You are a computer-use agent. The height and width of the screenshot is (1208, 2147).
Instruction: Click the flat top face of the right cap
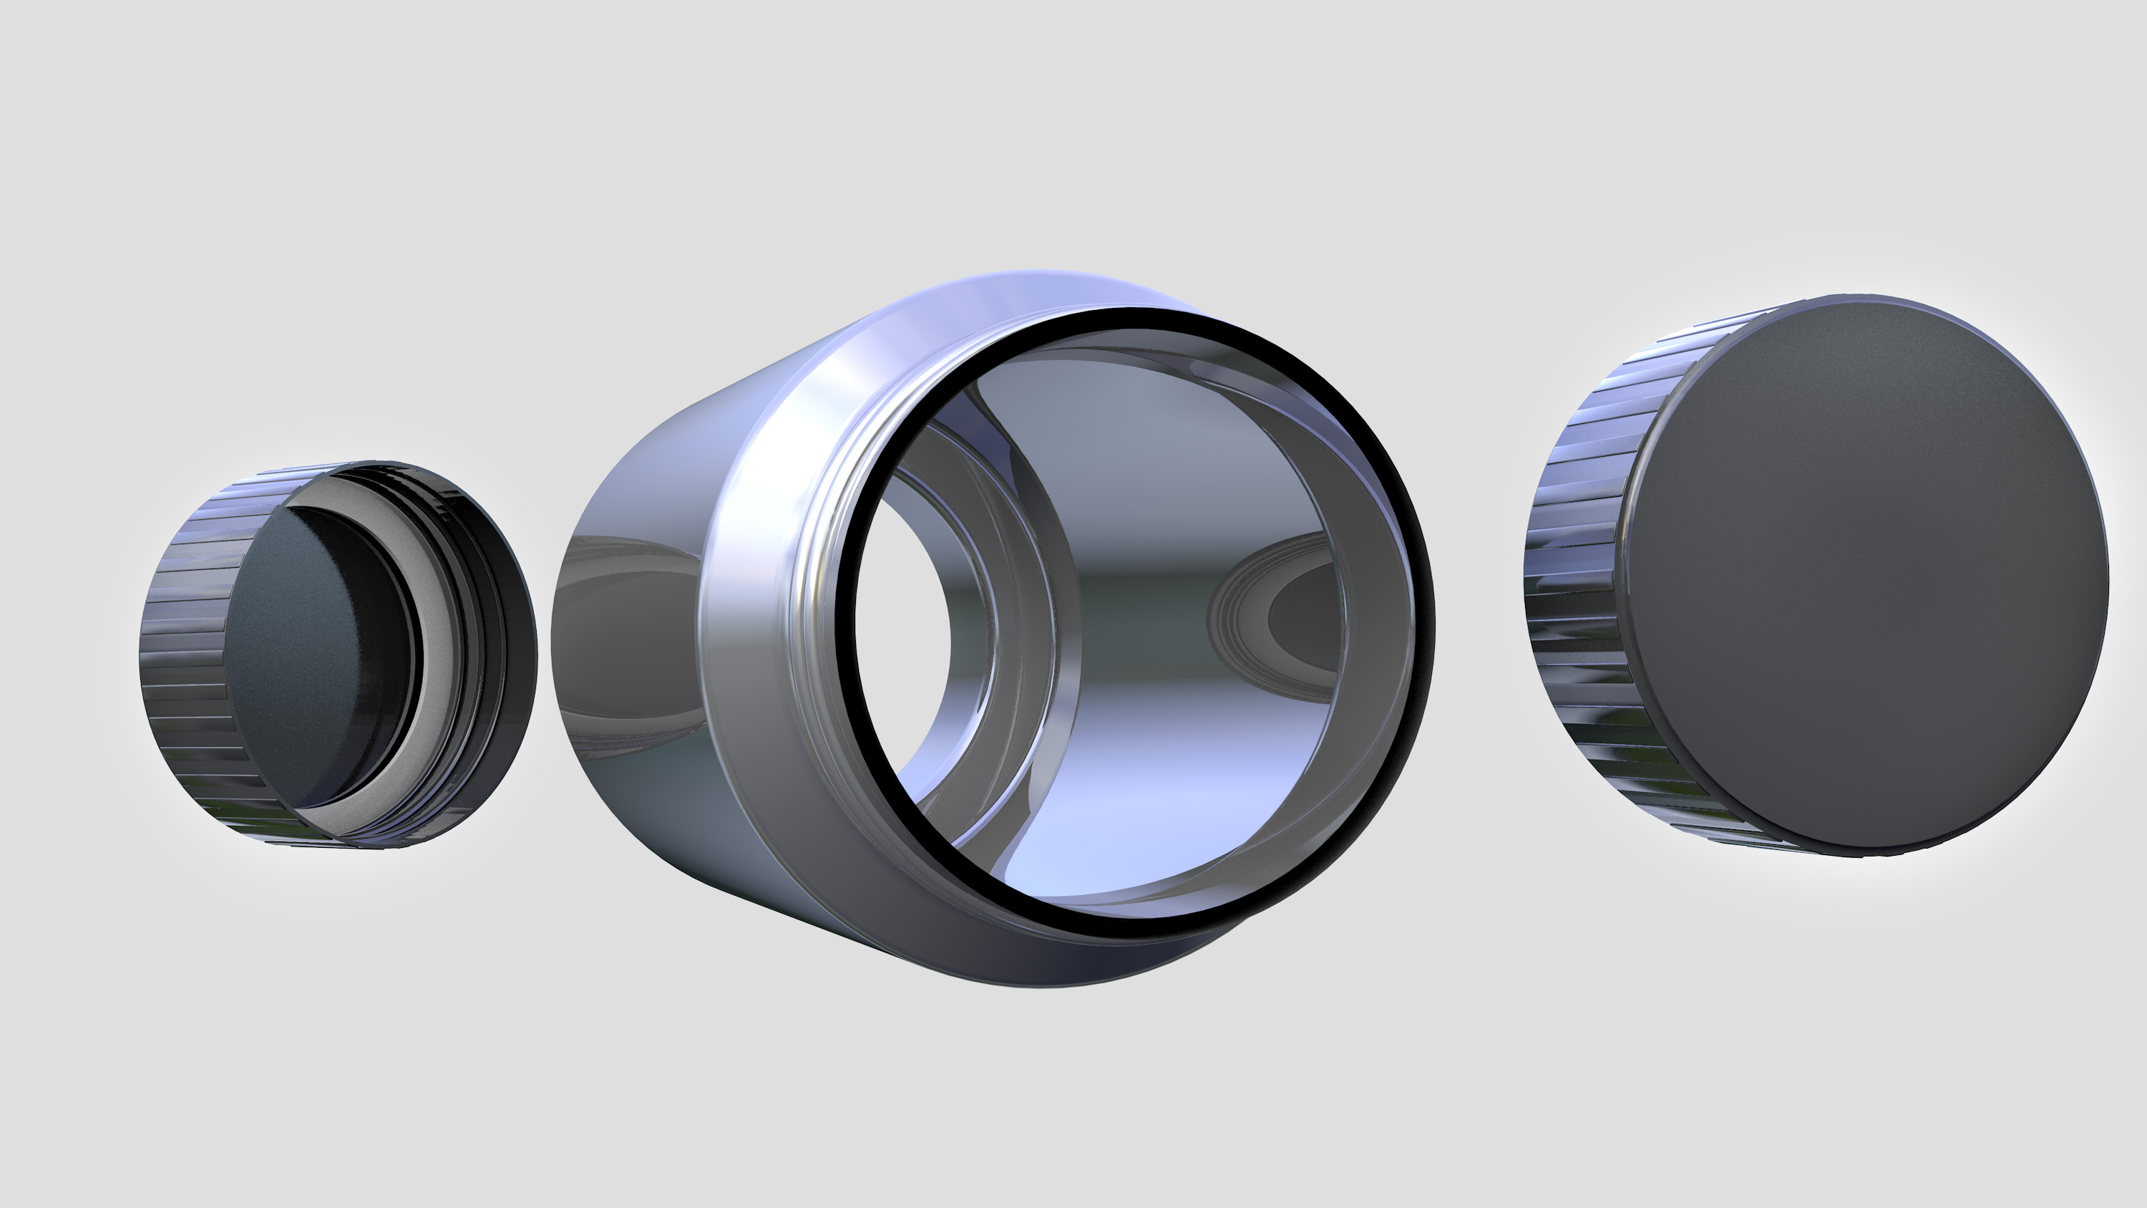point(1867,575)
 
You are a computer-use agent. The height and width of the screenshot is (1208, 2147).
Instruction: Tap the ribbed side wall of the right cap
point(1575,584)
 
